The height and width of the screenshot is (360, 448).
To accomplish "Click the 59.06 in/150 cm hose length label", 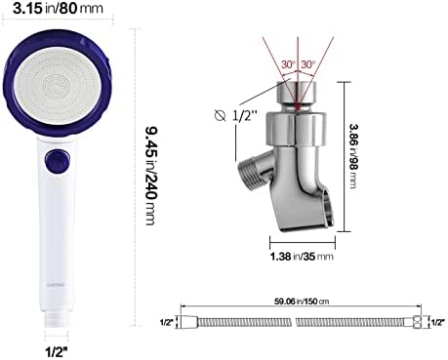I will coord(299,301).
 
